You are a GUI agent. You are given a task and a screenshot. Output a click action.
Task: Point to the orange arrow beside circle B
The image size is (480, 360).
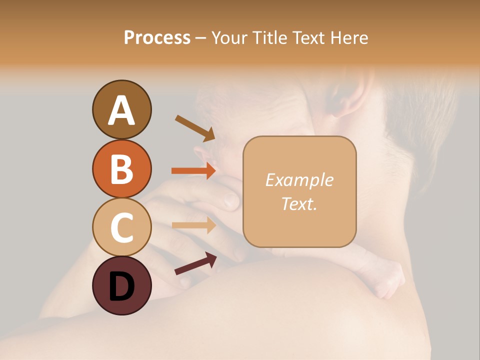pos(193,171)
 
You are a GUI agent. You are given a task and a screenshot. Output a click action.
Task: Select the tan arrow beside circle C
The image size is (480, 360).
pos(193,225)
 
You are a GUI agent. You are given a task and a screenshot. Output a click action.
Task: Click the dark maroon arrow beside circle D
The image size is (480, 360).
pos(195,263)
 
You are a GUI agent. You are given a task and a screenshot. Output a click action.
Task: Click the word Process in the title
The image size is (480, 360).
pos(157,38)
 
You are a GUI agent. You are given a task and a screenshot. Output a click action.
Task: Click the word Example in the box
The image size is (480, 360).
pos(299,180)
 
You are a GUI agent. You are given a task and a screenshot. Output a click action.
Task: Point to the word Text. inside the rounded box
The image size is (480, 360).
pos(299,203)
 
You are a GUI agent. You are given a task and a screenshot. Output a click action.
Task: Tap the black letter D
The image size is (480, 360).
pos(121,287)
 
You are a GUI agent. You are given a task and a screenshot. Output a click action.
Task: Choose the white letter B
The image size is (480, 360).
pos(121,169)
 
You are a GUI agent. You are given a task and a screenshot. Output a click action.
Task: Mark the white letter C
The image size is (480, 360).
pos(121,227)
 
